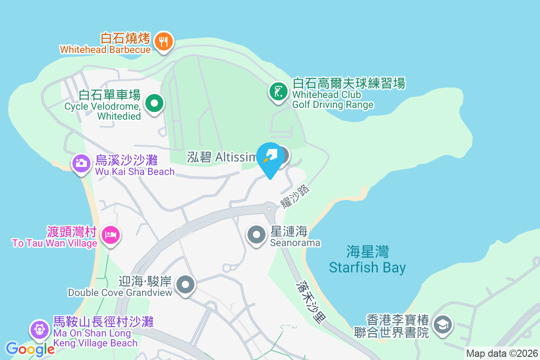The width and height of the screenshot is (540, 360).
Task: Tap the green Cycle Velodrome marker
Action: pos(155,103)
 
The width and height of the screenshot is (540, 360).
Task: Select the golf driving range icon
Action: pos(279,91)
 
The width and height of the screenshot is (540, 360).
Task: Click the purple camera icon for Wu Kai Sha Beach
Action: pos(81,162)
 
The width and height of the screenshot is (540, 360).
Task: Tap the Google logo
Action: pos(30,349)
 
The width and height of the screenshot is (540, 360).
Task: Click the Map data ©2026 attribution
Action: pos(502,353)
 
